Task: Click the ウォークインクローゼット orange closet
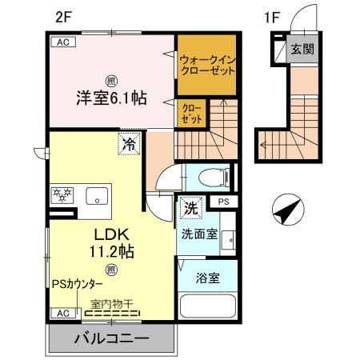point(207,64)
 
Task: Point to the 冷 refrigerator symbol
point(130,145)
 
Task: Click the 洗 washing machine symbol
point(190,206)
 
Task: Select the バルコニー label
point(112,338)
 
